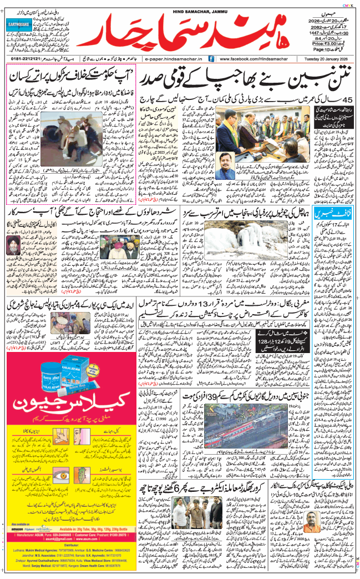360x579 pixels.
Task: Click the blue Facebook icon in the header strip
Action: pyautogui.click(x=211, y=58)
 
